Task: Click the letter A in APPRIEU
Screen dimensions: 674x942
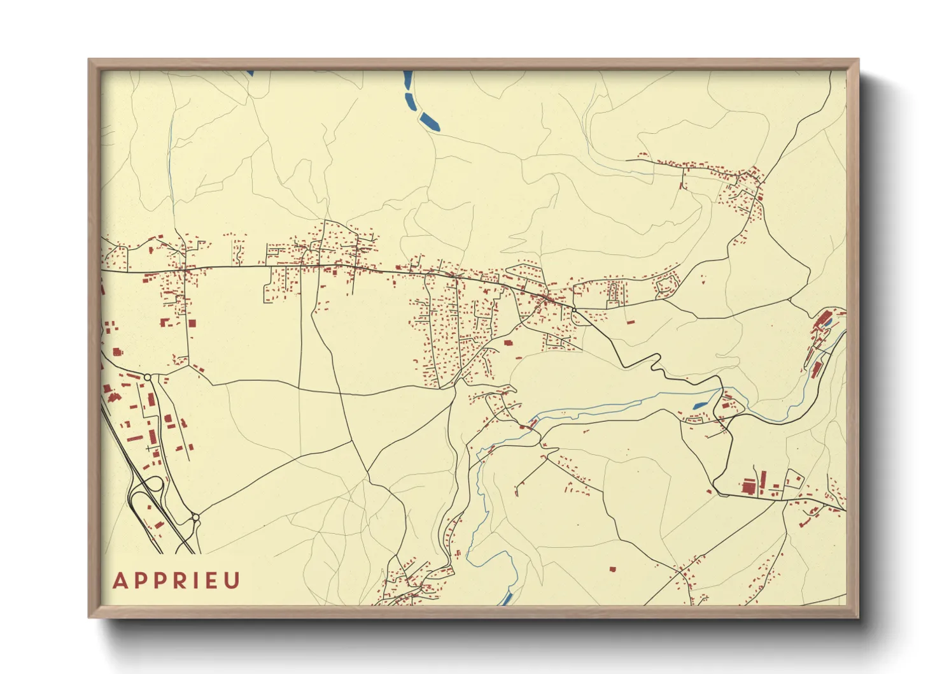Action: pos(119,581)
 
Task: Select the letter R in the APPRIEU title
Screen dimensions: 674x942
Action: pos(169,581)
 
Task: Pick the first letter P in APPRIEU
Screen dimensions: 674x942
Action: pos(136,581)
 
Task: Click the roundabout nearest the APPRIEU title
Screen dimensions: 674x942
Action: pos(195,517)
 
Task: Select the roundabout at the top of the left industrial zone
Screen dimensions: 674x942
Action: pos(148,378)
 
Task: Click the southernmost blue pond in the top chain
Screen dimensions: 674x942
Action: pos(430,122)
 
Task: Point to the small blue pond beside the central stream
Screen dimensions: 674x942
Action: pos(699,405)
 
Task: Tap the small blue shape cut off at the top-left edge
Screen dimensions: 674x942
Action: pos(250,73)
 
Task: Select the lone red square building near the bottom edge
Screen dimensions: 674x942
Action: pos(613,569)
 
